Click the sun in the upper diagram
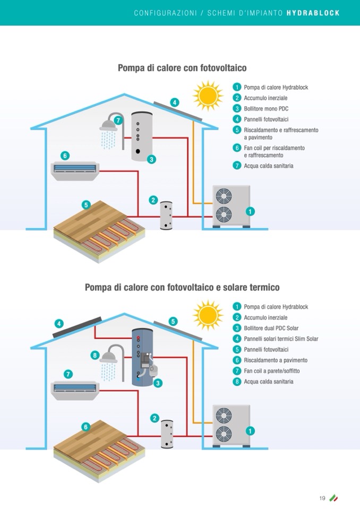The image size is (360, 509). pos(208,96)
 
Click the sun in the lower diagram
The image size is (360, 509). pos(208,315)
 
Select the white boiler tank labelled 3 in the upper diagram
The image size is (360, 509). pos(141,136)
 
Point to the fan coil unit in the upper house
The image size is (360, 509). pos(74,168)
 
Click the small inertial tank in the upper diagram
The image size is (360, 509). pos(167,214)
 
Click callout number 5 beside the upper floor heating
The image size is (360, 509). pos(86,204)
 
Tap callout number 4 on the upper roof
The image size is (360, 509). pos(174,102)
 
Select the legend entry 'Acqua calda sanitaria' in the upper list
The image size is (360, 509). pos(268,166)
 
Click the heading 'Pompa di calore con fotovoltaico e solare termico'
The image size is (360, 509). pos(182,287)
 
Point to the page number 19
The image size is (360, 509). pos(322,498)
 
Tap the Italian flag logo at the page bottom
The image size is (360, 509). pos(334,498)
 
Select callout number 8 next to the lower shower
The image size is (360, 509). pos(95,355)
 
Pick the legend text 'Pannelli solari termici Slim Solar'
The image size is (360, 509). pos(281,339)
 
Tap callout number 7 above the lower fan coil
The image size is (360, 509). pos(68,373)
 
